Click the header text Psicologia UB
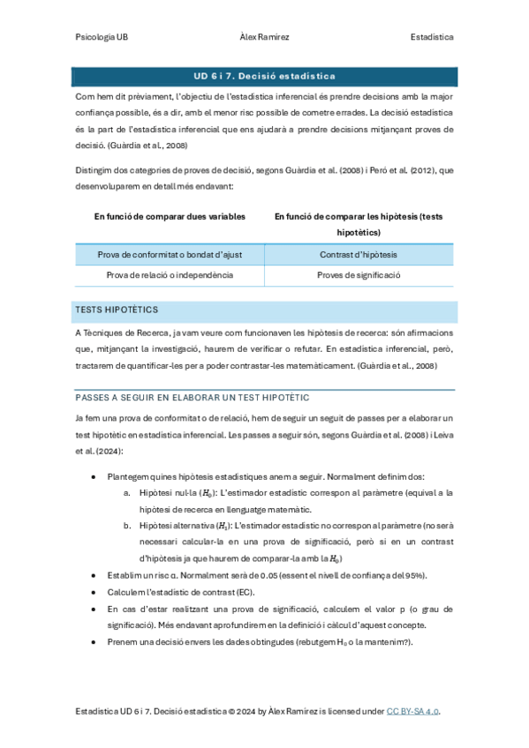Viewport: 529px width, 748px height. [x=102, y=38]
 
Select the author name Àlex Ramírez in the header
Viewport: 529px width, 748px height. [x=264, y=38]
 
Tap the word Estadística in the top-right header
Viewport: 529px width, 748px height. [x=432, y=38]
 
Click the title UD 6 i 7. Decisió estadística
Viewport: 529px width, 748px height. [x=264, y=76]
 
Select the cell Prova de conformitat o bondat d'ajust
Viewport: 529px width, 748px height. [x=169, y=255]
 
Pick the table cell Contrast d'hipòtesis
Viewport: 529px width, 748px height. [x=358, y=255]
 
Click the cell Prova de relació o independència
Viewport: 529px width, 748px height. [x=169, y=275]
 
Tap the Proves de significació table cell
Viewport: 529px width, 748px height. [x=358, y=275]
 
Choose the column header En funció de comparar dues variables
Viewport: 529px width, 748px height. [x=170, y=216]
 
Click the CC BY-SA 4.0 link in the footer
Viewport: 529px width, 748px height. [x=412, y=711]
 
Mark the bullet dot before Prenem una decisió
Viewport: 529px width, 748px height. [x=94, y=642]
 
